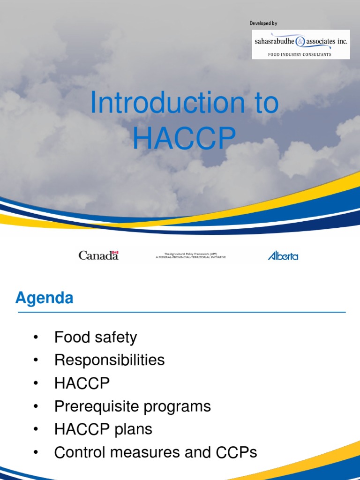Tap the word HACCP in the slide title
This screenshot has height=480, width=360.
click(184, 138)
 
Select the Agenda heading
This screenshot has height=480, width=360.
click(44, 298)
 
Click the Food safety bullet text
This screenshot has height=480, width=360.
click(96, 337)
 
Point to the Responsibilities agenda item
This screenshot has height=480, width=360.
click(109, 360)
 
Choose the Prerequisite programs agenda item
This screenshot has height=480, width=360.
click(132, 406)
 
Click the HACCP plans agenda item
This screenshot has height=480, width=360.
click(103, 429)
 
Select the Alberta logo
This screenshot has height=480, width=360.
click(283, 255)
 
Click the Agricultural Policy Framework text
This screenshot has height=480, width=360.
click(191, 255)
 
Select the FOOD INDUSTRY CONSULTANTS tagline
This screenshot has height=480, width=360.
click(300, 54)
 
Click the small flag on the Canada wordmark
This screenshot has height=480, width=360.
click(115, 252)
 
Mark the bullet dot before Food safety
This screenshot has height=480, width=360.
click(36, 337)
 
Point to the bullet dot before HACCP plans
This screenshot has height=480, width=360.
click(36, 429)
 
